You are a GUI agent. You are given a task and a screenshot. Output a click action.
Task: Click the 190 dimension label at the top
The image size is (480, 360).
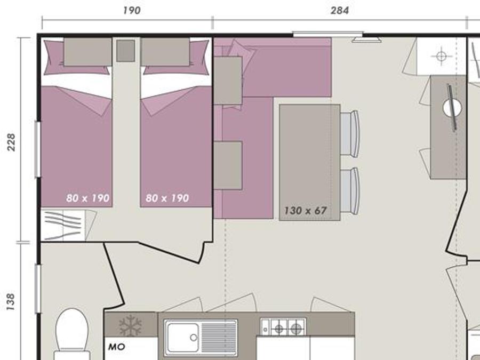[x=132, y=11]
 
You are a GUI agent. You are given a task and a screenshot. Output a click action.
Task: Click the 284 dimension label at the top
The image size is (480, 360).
[x=340, y=11]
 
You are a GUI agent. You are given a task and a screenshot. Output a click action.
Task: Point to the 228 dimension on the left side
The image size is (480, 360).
[x=11, y=142]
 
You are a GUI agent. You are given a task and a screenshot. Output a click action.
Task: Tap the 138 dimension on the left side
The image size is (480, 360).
[x=11, y=302]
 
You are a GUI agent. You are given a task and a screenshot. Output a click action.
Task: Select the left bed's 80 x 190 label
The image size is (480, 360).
[x=87, y=198]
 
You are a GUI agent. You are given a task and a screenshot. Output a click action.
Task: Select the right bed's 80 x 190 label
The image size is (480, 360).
[x=167, y=198]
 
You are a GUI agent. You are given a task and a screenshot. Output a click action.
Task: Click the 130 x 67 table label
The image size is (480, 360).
[x=306, y=211]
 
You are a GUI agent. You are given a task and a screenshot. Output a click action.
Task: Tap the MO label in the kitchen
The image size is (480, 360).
[x=117, y=347]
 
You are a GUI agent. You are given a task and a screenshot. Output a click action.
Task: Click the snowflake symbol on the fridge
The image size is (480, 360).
[x=131, y=325]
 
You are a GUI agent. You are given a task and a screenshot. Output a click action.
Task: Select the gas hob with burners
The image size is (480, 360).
[x=283, y=327]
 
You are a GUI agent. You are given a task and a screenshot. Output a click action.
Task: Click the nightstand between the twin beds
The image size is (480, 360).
[x=125, y=51]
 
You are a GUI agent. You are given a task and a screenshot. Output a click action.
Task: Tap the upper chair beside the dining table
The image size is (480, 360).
[x=349, y=134]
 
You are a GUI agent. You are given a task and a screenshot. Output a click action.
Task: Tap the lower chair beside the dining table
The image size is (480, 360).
[x=349, y=191]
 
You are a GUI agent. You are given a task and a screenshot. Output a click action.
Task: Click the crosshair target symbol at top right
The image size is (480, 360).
[x=441, y=57]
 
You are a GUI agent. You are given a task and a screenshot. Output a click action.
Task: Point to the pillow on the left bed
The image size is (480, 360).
[x=87, y=52]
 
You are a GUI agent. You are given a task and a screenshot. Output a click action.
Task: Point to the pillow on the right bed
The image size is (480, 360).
[x=165, y=52]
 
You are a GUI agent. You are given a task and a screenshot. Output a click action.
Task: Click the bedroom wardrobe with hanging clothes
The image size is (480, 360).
[x=63, y=225]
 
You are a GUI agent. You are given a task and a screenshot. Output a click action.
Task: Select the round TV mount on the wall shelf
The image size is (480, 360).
[x=452, y=108]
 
